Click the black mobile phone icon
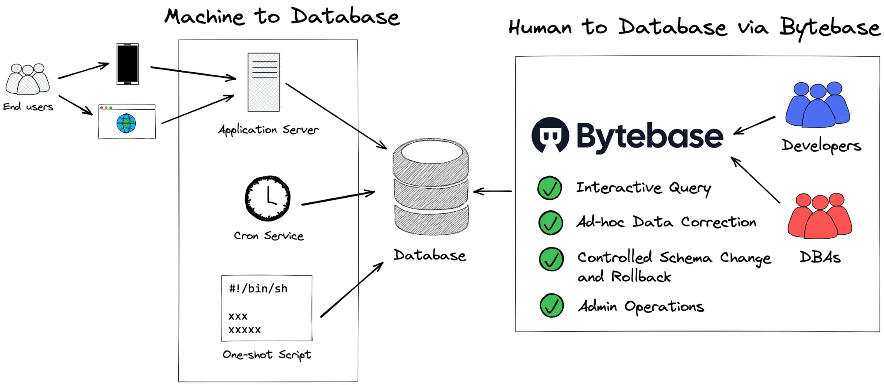(x=127, y=64)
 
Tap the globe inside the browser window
(x=126, y=123)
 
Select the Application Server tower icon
(x=264, y=82)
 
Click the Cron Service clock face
(x=268, y=198)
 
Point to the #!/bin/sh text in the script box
(x=258, y=289)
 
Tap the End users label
(x=28, y=107)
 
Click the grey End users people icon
(x=27, y=79)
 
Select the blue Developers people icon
(x=817, y=104)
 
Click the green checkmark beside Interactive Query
(x=549, y=188)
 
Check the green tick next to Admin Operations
(x=551, y=305)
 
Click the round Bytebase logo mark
(x=550, y=135)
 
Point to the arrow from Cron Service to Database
(x=338, y=198)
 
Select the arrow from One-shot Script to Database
(x=352, y=290)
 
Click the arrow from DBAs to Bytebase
(x=755, y=179)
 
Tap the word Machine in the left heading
(x=204, y=17)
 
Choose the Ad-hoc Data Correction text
(x=666, y=222)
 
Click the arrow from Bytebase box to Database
(x=492, y=191)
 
